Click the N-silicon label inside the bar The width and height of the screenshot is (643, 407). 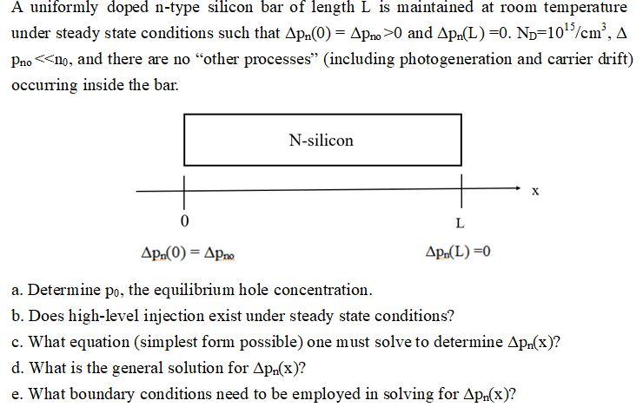pyautogui.click(x=321, y=140)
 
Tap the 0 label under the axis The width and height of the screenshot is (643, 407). pyautogui.click(x=184, y=216)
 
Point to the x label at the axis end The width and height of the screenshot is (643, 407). pyautogui.click(x=535, y=191)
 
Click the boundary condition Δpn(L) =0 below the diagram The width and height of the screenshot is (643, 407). pyautogui.click(x=458, y=253)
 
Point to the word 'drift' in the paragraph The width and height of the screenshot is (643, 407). pyautogui.click(x=613, y=62)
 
